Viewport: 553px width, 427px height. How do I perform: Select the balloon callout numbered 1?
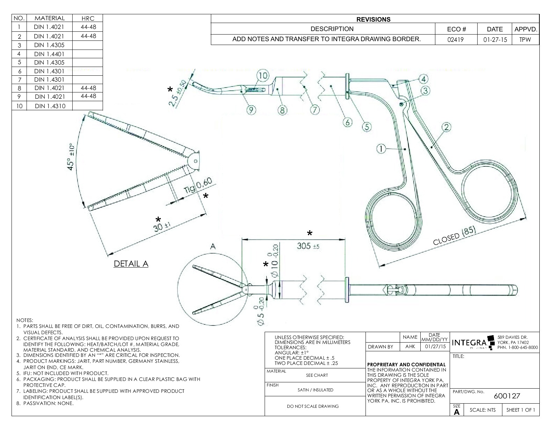click(381, 149)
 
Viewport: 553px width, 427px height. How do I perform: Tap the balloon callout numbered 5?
click(366, 127)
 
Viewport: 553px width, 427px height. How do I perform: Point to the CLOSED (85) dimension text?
click(454, 237)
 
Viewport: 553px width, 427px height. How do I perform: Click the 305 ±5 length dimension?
click(308, 246)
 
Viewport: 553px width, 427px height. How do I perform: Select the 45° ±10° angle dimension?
click(71, 157)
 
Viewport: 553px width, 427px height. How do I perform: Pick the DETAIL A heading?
click(131, 264)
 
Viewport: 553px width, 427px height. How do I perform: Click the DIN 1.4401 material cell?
click(49, 54)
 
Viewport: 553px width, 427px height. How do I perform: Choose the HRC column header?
click(88, 18)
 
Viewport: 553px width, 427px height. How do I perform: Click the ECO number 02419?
click(456, 40)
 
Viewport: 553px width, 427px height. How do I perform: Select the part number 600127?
click(507, 396)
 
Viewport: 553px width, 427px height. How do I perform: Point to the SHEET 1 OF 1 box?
click(520, 410)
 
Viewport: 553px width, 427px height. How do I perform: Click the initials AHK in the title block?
click(410, 347)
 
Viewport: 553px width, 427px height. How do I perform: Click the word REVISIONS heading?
click(373, 20)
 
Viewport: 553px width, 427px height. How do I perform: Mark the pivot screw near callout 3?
click(401, 104)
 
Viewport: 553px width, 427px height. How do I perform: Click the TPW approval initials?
click(525, 40)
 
